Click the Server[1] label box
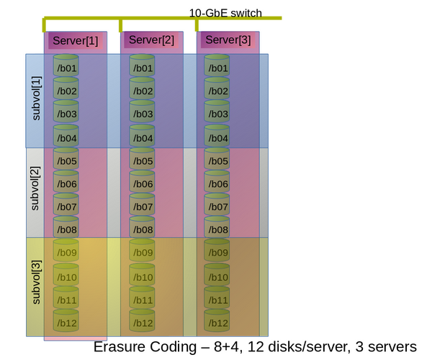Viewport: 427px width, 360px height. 76,41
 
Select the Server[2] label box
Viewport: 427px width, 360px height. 151,40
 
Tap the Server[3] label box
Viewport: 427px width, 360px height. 228,40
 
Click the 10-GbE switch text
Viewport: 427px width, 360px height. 225,13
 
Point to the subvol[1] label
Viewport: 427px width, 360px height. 36,98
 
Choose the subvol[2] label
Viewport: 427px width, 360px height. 35,188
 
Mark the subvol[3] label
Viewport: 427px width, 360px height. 36,282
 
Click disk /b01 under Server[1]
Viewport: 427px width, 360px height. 66,66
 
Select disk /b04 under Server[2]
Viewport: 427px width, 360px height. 142,136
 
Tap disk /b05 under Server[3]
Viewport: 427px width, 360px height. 217,158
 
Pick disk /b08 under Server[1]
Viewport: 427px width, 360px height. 66,227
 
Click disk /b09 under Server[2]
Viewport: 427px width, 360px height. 142,251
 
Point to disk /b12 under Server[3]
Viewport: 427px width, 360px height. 217,320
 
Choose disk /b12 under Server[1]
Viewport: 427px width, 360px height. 66,320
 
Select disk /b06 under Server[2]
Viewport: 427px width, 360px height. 142,181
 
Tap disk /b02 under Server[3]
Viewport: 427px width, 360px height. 217,89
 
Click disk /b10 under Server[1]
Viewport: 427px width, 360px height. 66,275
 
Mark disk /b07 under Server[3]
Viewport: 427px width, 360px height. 217,204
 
